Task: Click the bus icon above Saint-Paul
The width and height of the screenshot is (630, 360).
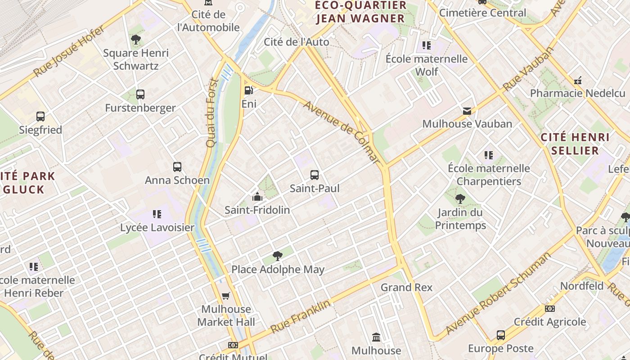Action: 315,175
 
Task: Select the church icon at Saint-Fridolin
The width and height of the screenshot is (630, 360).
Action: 257,197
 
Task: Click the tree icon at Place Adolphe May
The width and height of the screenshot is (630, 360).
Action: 278,256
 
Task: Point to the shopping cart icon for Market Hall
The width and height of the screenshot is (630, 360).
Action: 226,296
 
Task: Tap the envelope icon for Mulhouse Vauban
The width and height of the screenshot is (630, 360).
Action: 467,111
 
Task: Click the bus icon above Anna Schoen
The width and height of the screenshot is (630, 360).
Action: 177,167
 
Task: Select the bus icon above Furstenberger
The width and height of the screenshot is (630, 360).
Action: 140,94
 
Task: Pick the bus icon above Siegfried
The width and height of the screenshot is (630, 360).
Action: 40,117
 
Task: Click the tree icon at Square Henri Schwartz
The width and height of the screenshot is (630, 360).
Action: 135,40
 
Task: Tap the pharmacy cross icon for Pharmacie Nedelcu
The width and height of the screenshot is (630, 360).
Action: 578,81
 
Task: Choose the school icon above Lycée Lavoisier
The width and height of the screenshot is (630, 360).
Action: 157,214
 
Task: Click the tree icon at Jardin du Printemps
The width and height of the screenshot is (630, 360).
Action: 460,199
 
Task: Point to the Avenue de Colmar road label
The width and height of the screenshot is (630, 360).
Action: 342,131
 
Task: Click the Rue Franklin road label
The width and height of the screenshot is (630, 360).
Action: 300,317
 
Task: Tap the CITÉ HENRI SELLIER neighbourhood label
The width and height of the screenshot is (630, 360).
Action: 575,144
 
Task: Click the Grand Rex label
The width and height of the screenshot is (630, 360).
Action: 406,287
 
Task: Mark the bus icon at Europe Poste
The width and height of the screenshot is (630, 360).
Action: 501,335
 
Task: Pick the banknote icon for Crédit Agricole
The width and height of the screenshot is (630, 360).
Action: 550,309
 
